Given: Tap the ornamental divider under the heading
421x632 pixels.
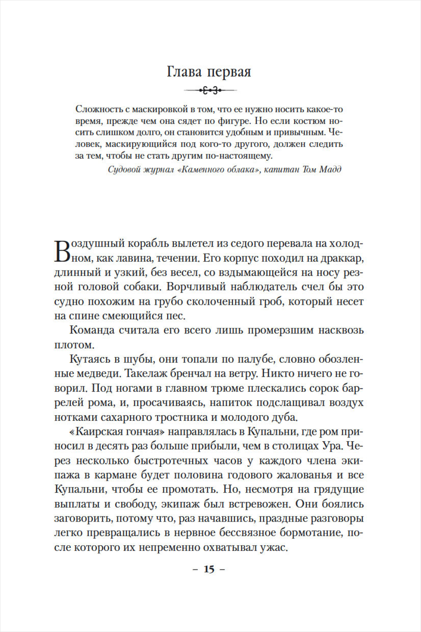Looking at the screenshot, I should point(210,90).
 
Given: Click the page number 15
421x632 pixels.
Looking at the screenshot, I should point(209,569).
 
